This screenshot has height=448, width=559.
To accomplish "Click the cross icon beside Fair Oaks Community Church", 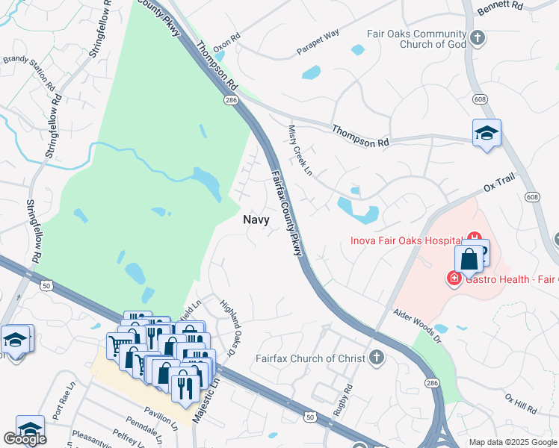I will (478, 37).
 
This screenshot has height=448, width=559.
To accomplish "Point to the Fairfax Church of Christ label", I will (310, 358).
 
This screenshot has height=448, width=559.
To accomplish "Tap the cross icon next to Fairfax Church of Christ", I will (376, 358).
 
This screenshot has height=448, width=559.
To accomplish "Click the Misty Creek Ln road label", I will (300, 149).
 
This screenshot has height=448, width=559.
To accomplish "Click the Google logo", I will (25, 440).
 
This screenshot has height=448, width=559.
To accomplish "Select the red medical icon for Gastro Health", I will (454, 279).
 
